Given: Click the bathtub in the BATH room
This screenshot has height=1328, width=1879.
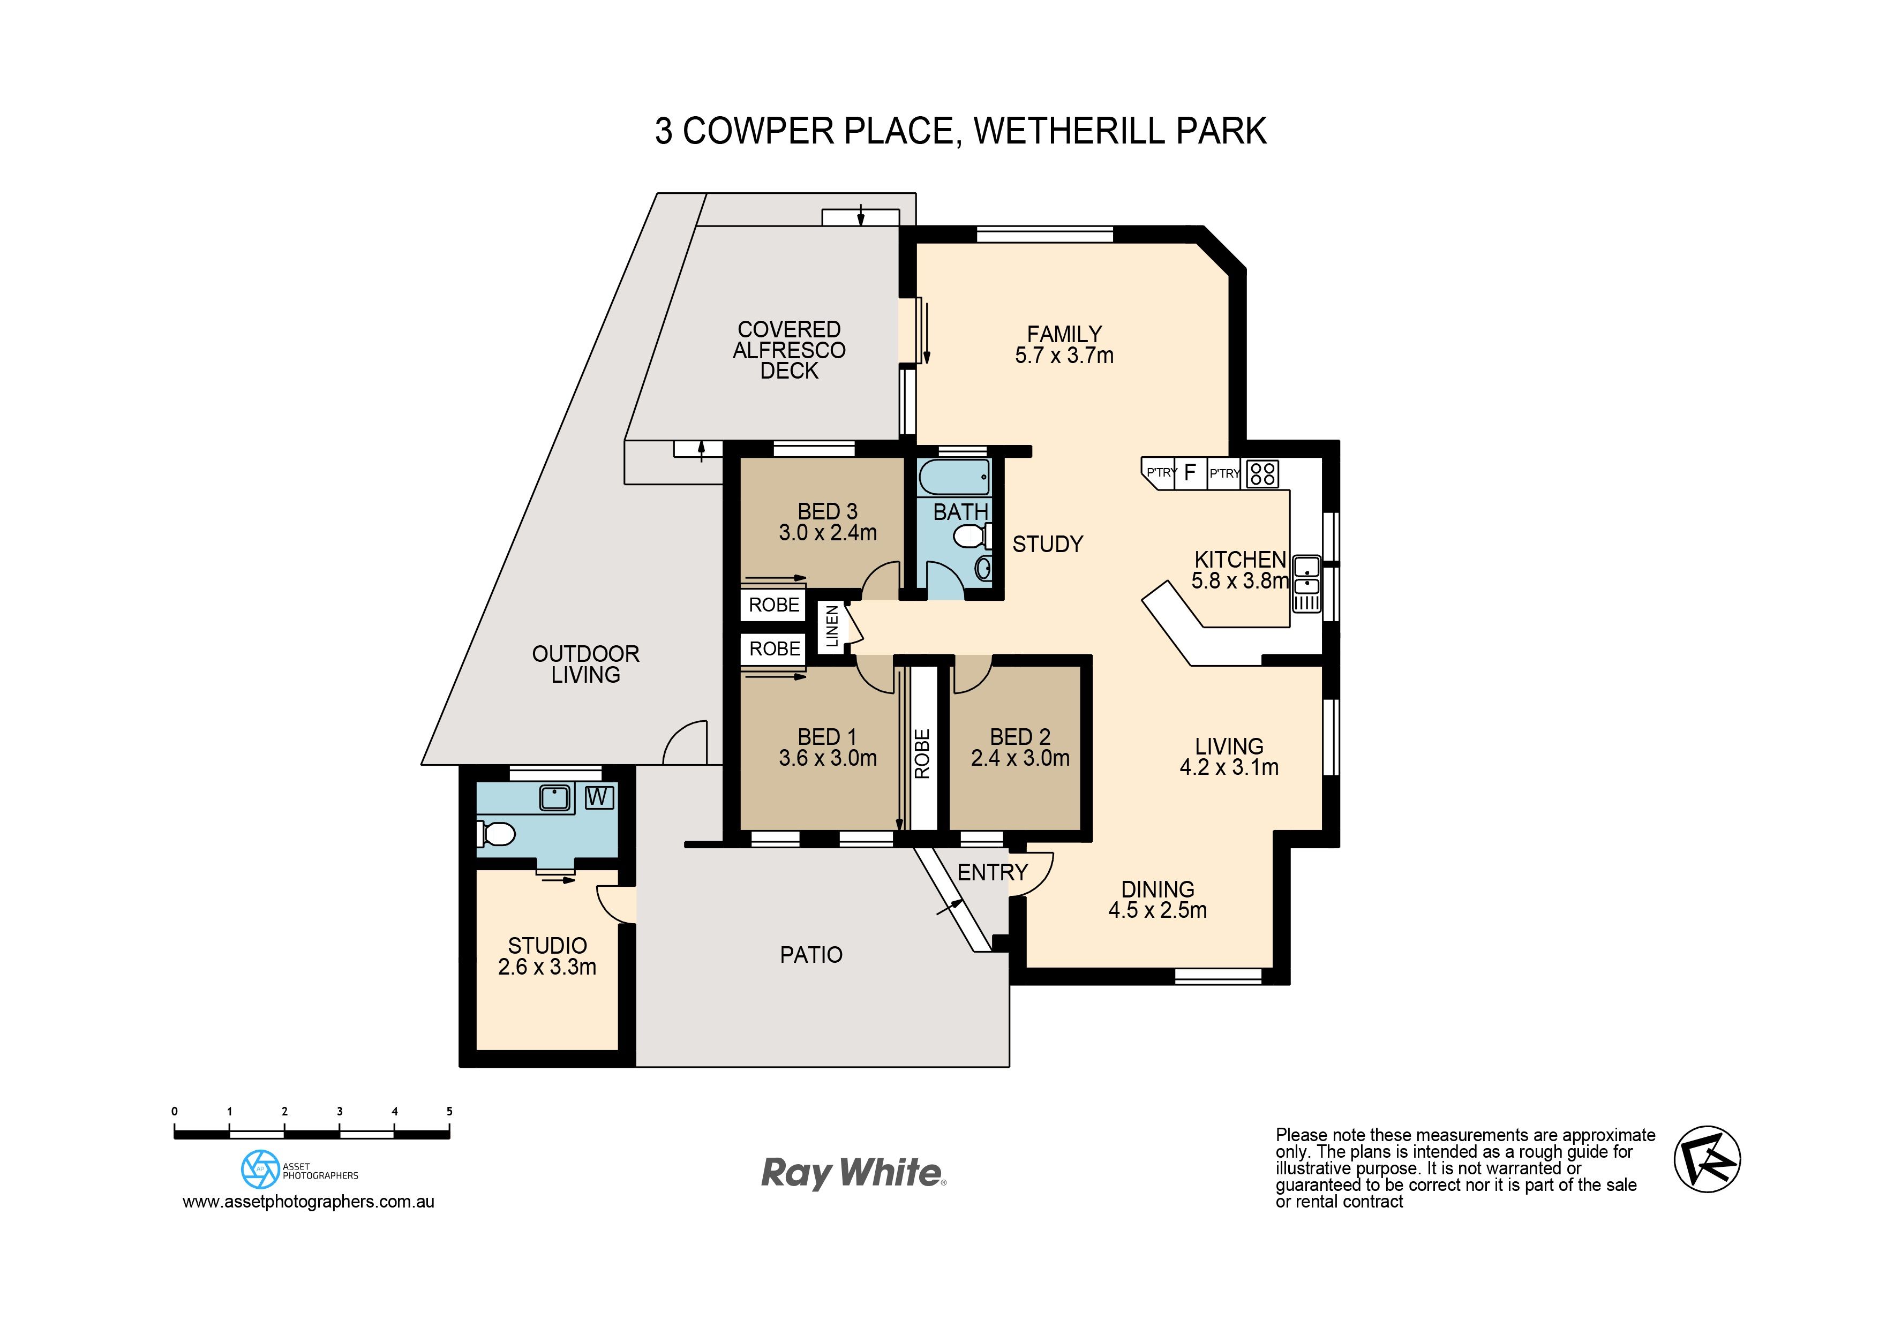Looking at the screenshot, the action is tap(954, 477).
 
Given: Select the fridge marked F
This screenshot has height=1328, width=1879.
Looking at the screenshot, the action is tap(1191, 472).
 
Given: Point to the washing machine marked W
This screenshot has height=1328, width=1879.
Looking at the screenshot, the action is tap(599, 797).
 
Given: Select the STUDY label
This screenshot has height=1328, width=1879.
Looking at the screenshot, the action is tap(1048, 544).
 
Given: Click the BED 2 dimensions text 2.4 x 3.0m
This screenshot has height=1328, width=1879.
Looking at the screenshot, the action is tap(1020, 758).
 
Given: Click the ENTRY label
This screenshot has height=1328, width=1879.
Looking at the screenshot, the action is tap(992, 872).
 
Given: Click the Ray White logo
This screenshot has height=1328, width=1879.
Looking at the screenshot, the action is tap(854, 1173).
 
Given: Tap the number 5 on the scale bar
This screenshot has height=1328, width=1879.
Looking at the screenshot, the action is tap(449, 1111).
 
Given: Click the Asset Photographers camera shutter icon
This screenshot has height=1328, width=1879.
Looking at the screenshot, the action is tap(260, 1169).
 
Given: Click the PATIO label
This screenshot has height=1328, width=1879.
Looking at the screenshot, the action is tap(811, 955).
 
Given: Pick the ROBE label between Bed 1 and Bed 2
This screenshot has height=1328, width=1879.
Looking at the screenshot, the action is tap(922, 753).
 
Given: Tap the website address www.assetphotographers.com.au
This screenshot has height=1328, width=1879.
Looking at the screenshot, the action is tap(309, 1202).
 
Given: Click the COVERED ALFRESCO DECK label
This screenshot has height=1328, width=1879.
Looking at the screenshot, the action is tap(789, 350).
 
